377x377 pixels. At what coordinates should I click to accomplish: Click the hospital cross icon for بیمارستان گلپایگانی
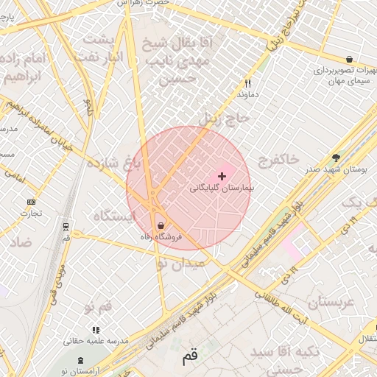[222, 176]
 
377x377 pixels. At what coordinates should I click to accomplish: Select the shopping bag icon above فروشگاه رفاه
[161, 225]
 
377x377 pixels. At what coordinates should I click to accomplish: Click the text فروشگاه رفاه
[161, 237]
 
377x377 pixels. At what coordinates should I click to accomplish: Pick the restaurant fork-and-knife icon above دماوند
[247, 83]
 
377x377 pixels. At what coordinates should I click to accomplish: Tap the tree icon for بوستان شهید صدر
[337, 157]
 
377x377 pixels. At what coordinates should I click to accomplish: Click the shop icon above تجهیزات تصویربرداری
[348, 59]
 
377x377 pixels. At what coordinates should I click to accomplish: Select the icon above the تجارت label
[31, 202]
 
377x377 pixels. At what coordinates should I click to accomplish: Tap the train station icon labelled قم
[67, 226]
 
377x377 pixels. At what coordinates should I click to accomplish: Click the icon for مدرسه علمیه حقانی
[95, 330]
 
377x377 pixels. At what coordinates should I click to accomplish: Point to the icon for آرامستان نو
[81, 361]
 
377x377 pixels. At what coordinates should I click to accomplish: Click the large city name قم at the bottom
[190, 357]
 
